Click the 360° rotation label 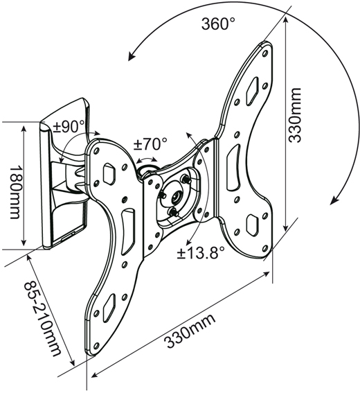218,24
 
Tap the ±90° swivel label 69,127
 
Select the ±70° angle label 150,144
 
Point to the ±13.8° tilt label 201,252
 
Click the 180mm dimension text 14,191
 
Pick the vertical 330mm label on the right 295,115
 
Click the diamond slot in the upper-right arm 252,91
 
